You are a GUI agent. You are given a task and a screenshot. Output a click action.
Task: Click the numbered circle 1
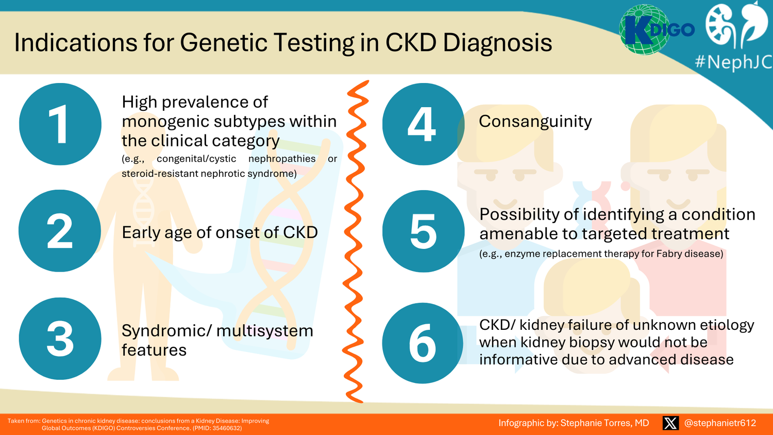click(x=60, y=124)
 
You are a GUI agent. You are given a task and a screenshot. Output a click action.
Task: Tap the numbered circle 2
click(x=60, y=231)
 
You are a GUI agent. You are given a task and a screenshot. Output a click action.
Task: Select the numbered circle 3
click(x=60, y=339)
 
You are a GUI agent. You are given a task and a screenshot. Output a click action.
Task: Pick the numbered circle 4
click(x=423, y=124)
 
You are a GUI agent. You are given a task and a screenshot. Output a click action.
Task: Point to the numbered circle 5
click(x=423, y=231)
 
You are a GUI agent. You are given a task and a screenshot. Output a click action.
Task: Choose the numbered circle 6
click(x=423, y=343)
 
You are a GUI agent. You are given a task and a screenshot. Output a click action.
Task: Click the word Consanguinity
click(x=535, y=121)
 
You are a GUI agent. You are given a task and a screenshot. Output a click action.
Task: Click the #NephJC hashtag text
click(x=733, y=62)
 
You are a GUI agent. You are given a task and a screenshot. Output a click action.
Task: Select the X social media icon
click(x=670, y=423)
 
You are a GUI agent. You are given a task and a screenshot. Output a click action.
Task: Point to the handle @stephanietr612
click(x=720, y=423)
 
